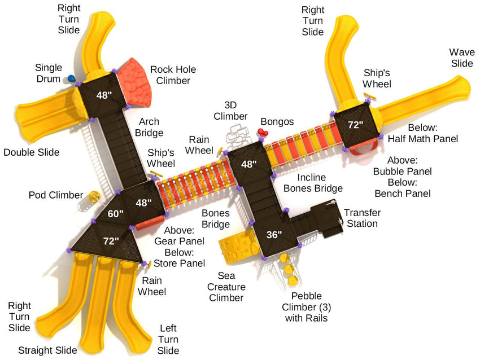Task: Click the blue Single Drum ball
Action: coord(71,78)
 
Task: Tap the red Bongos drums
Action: coord(262,133)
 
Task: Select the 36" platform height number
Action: coord(274,235)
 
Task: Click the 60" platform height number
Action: coord(116,214)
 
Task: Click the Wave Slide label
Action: coord(461,58)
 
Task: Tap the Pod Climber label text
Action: coord(56,195)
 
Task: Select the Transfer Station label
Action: coord(362,218)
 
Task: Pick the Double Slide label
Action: coord(31,152)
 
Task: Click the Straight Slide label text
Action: coord(47,350)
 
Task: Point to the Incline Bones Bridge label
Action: coord(312,183)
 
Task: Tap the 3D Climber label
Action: coord(235,111)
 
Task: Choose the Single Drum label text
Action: coord(48,73)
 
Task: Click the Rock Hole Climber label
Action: coord(173,75)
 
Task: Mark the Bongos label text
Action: coord(277,122)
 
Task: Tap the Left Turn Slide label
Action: coord(168,339)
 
